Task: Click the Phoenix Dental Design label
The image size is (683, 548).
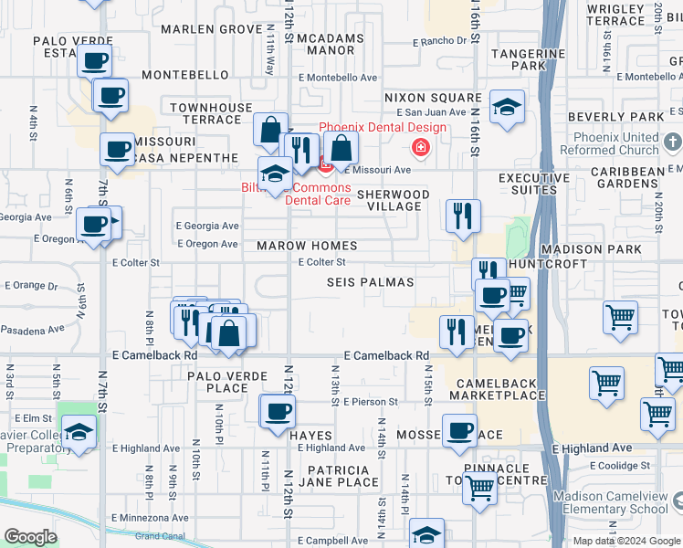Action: (382, 127)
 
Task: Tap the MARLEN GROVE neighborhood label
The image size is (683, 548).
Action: (212, 29)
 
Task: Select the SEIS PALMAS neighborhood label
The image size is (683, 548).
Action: (370, 283)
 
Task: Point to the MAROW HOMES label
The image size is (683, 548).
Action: (307, 247)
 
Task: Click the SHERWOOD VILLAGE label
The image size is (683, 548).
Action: (393, 201)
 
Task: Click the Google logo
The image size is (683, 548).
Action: (30, 537)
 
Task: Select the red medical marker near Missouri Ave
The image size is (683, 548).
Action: (420, 147)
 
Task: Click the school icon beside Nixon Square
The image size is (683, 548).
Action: (506, 108)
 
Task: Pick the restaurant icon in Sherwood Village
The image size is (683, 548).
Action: (463, 216)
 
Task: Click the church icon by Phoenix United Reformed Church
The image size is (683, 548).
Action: (674, 142)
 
